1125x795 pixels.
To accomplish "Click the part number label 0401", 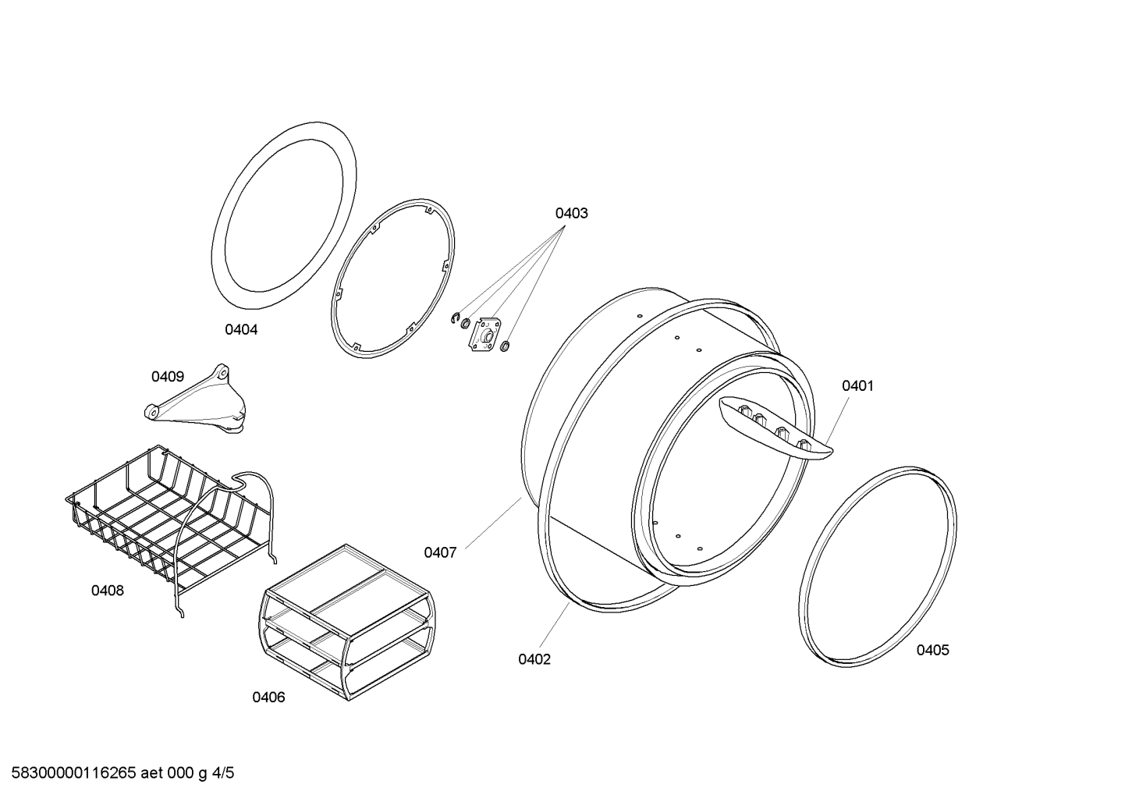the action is pos(857,385).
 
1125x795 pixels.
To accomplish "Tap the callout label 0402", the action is pos(534,659).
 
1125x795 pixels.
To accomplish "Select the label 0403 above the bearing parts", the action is pos(571,214).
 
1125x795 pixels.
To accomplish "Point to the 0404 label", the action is pos(241,329).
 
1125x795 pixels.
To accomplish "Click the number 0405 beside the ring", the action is pos(932,650).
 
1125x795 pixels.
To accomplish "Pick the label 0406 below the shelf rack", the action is pos(268,697).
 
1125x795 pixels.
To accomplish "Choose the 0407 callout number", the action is pos(440,552).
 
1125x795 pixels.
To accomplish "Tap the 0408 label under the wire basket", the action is pos(107,590).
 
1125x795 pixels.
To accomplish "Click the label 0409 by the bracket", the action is pos(168,376).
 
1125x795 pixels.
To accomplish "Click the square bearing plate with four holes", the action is pos(484,334).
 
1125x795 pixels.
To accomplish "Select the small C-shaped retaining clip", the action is pos(455,318).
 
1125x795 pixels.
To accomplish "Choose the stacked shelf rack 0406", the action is pos(347,622).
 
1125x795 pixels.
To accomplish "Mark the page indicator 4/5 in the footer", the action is pos(222,772).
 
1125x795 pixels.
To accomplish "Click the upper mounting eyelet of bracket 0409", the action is pos(222,373).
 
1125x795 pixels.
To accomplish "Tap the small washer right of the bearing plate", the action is pos(506,346).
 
